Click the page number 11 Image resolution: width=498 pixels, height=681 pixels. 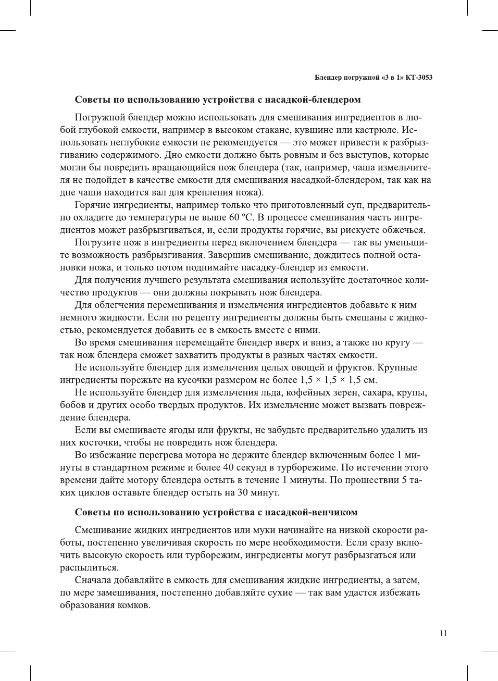(443, 633)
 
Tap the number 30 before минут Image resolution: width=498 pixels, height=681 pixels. (242, 492)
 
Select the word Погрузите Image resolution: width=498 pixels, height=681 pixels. (97, 242)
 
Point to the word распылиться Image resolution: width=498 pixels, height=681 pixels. (89, 567)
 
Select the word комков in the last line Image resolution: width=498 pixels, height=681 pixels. (135, 605)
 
